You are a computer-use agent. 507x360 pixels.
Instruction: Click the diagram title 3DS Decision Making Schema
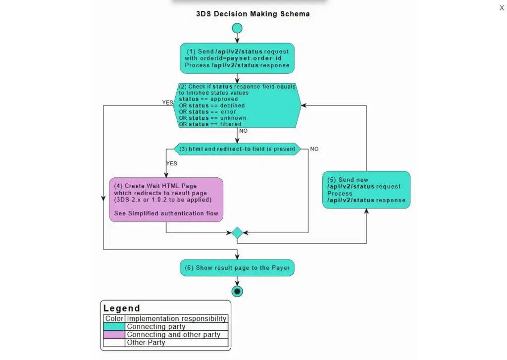(x=253, y=14)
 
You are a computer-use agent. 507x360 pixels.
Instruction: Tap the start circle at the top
(x=237, y=28)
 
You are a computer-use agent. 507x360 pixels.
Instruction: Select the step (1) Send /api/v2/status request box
(x=237, y=58)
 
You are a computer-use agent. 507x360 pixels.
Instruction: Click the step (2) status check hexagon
(x=237, y=105)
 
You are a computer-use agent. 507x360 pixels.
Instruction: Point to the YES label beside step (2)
(x=168, y=103)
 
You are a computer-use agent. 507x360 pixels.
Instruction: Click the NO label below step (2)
(x=243, y=131)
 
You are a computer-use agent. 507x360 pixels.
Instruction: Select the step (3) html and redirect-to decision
(x=237, y=149)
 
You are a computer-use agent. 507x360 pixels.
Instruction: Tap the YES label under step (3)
(x=171, y=163)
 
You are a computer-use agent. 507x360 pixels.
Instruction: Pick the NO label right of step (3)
(x=314, y=149)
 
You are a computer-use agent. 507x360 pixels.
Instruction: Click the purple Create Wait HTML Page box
(x=166, y=200)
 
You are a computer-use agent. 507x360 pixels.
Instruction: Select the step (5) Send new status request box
(x=366, y=190)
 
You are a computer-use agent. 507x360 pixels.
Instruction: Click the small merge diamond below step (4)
(x=237, y=232)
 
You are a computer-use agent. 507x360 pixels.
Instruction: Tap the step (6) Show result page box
(x=237, y=268)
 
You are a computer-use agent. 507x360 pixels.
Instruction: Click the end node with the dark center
(x=237, y=291)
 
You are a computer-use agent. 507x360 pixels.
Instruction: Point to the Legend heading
(x=122, y=308)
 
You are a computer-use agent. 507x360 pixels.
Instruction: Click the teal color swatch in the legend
(x=114, y=327)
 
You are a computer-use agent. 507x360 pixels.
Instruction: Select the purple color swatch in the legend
(x=114, y=335)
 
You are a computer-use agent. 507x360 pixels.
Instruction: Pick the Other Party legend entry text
(x=146, y=343)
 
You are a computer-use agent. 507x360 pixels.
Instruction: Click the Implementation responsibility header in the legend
(x=177, y=319)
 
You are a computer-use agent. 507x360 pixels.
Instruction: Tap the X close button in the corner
(x=501, y=8)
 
